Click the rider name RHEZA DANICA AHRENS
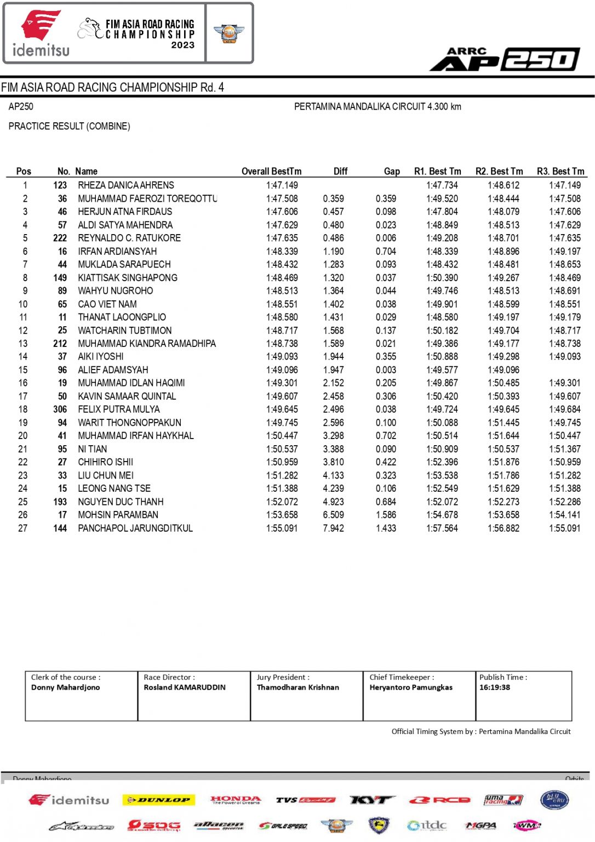coord(125,185)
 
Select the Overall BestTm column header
coord(271,172)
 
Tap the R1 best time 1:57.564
coord(442,528)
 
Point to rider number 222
coord(60,238)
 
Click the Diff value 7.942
coord(333,528)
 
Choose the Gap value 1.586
coord(386,515)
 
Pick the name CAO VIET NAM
coord(107,304)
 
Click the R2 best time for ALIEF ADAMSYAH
coord(504,370)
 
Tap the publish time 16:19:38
coord(495,687)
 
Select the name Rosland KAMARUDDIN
coord(185,687)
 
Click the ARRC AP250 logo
coord(505,59)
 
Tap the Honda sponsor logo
coord(236,800)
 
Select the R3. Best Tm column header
coord(560,172)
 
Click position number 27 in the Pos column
coord(23,528)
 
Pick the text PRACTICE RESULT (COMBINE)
coord(70,127)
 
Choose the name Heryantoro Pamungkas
coord(411,687)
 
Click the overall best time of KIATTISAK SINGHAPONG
coord(282,278)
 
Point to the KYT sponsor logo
coord(372,800)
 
